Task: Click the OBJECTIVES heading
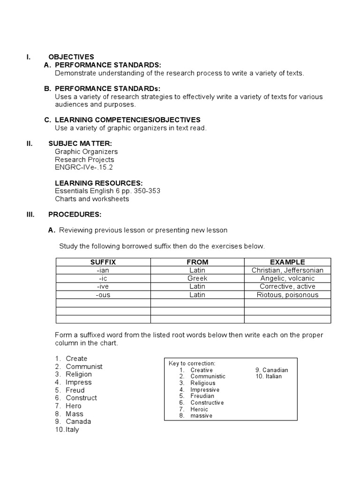[71, 57]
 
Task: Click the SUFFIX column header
[103, 262]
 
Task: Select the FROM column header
[197, 262]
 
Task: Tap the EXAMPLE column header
[287, 262]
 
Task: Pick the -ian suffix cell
[103, 270]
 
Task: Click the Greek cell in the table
[197, 278]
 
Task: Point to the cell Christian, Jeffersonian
[287, 270]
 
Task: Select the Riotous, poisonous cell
[287, 295]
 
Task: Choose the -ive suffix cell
[103, 286]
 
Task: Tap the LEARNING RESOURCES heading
[99, 183]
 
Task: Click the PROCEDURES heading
[75, 214]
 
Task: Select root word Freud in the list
[75, 390]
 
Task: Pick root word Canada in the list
[78, 421]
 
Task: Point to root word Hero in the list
[74, 406]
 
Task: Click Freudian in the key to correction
[202, 396]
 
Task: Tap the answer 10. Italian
[269, 376]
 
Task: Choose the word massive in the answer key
[201, 416]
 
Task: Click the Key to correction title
[192, 363]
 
